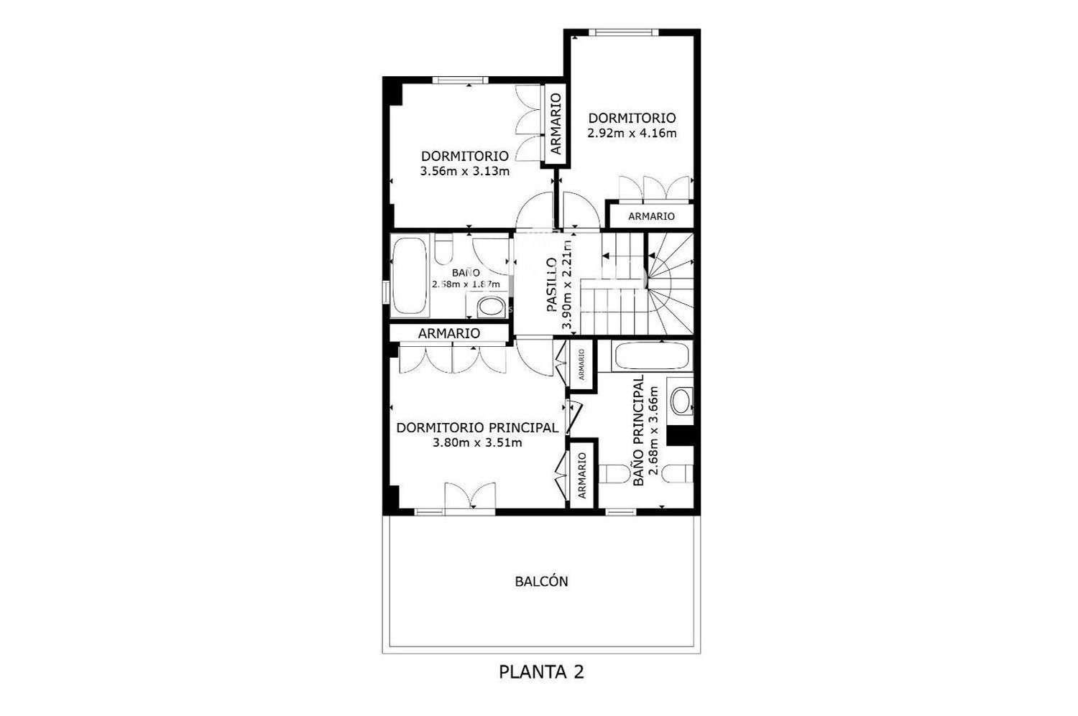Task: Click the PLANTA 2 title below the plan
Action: pos(541,671)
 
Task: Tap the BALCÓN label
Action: pos(541,582)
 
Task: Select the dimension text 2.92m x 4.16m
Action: pos(632,133)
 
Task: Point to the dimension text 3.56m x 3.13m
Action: pos(465,171)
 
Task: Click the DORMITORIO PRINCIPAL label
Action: pos(477,427)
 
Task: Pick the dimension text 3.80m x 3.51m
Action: pos(477,442)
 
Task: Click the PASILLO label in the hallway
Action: pos(552,285)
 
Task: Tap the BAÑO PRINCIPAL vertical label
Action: pos(639,430)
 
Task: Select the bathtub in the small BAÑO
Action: pos(410,276)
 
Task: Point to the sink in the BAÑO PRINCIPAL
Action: pos(681,401)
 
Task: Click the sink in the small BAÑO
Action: pos(490,307)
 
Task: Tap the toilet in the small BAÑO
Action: pos(443,248)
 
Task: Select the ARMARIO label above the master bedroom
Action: pos(449,333)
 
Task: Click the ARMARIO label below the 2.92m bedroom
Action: pos(652,216)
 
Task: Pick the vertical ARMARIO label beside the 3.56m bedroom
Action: pos(556,124)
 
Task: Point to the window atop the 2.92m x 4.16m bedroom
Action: pos(624,32)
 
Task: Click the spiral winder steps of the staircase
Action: pos(670,284)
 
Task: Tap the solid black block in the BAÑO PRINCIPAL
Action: pos(680,436)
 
